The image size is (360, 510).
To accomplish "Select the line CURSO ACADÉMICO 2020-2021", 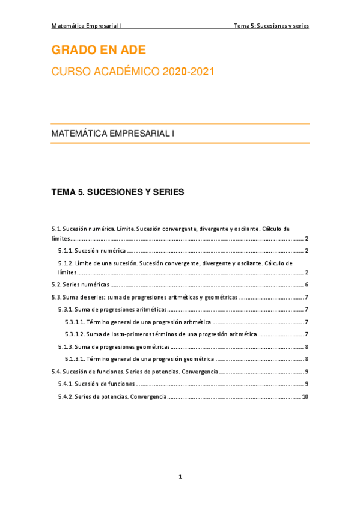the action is tap(132, 72).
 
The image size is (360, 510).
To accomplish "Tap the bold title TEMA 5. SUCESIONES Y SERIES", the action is tap(118, 192).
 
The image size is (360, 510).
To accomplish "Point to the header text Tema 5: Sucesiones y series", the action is tap(272, 26).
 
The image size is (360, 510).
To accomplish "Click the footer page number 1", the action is tap(180, 477).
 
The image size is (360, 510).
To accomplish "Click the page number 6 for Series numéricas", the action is tap(307, 284).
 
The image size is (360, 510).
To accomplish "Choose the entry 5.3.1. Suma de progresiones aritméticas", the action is tap(112, 309).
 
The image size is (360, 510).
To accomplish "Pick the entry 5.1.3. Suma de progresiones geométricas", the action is tap(114, 346).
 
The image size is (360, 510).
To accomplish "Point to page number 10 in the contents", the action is tap(305, 396).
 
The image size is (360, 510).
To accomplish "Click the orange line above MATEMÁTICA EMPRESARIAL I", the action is tap(180, 124).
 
